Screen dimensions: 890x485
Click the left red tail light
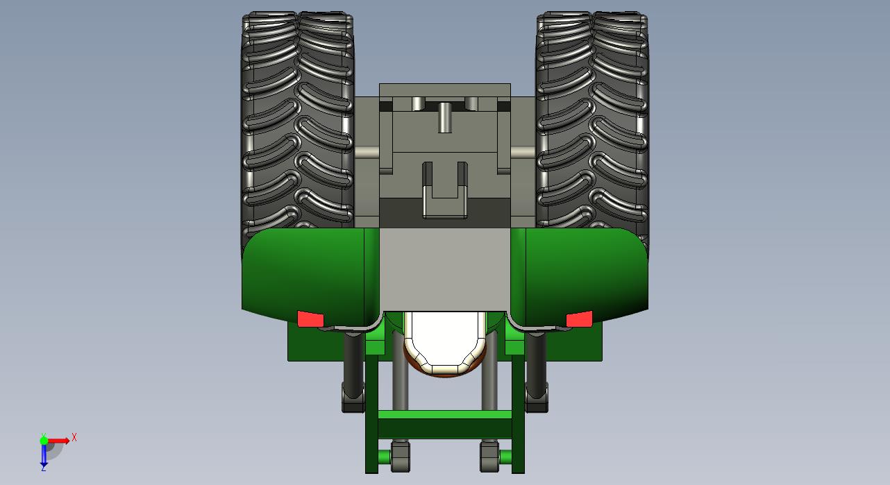click(x=310, y=319)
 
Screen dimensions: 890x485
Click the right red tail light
click(x=579, y=319)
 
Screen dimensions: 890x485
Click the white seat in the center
click(x=445, y=341)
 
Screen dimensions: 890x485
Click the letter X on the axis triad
click(x=74, y=437)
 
